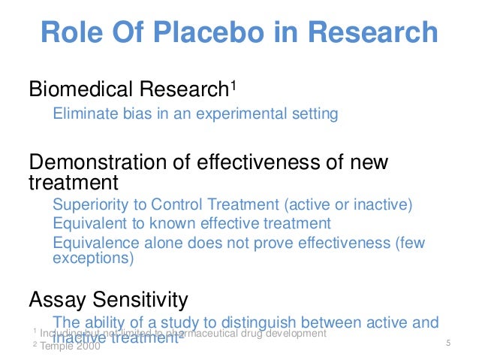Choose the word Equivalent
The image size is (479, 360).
click(x=88, y=223)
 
